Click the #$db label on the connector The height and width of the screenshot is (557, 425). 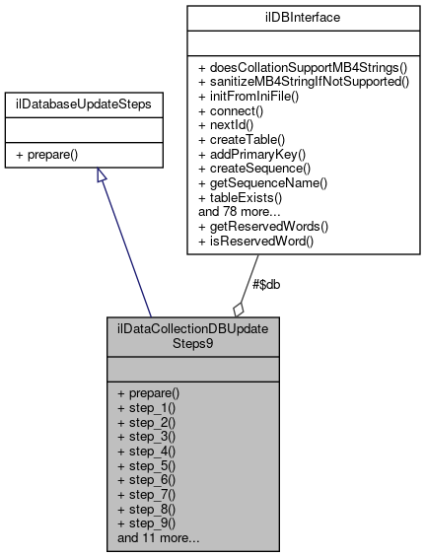click(267, 285)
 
